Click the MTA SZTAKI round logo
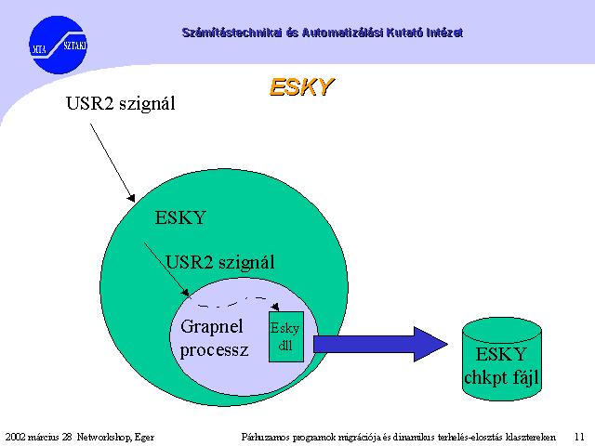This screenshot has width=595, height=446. coord(58,45)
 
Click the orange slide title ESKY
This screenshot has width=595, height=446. coord(301,86)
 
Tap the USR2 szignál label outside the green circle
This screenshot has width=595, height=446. coord(121,103)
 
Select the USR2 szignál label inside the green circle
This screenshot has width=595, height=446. coord(220,262)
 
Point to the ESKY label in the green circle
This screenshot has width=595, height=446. coord(180,217)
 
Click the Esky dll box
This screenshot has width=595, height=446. coord(286,336)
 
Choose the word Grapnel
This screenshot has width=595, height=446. coord(212,327)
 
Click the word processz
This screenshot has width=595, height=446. coord(215,349)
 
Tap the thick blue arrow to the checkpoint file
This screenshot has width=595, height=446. coord(380,345)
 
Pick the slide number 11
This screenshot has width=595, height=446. coord(579,437)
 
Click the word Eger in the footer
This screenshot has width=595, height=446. coord(145,438)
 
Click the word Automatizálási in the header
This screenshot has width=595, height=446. coord(343,33)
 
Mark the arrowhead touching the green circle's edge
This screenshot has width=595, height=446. coord(132,198)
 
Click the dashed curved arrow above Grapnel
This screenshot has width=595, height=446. coord(236,302)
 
